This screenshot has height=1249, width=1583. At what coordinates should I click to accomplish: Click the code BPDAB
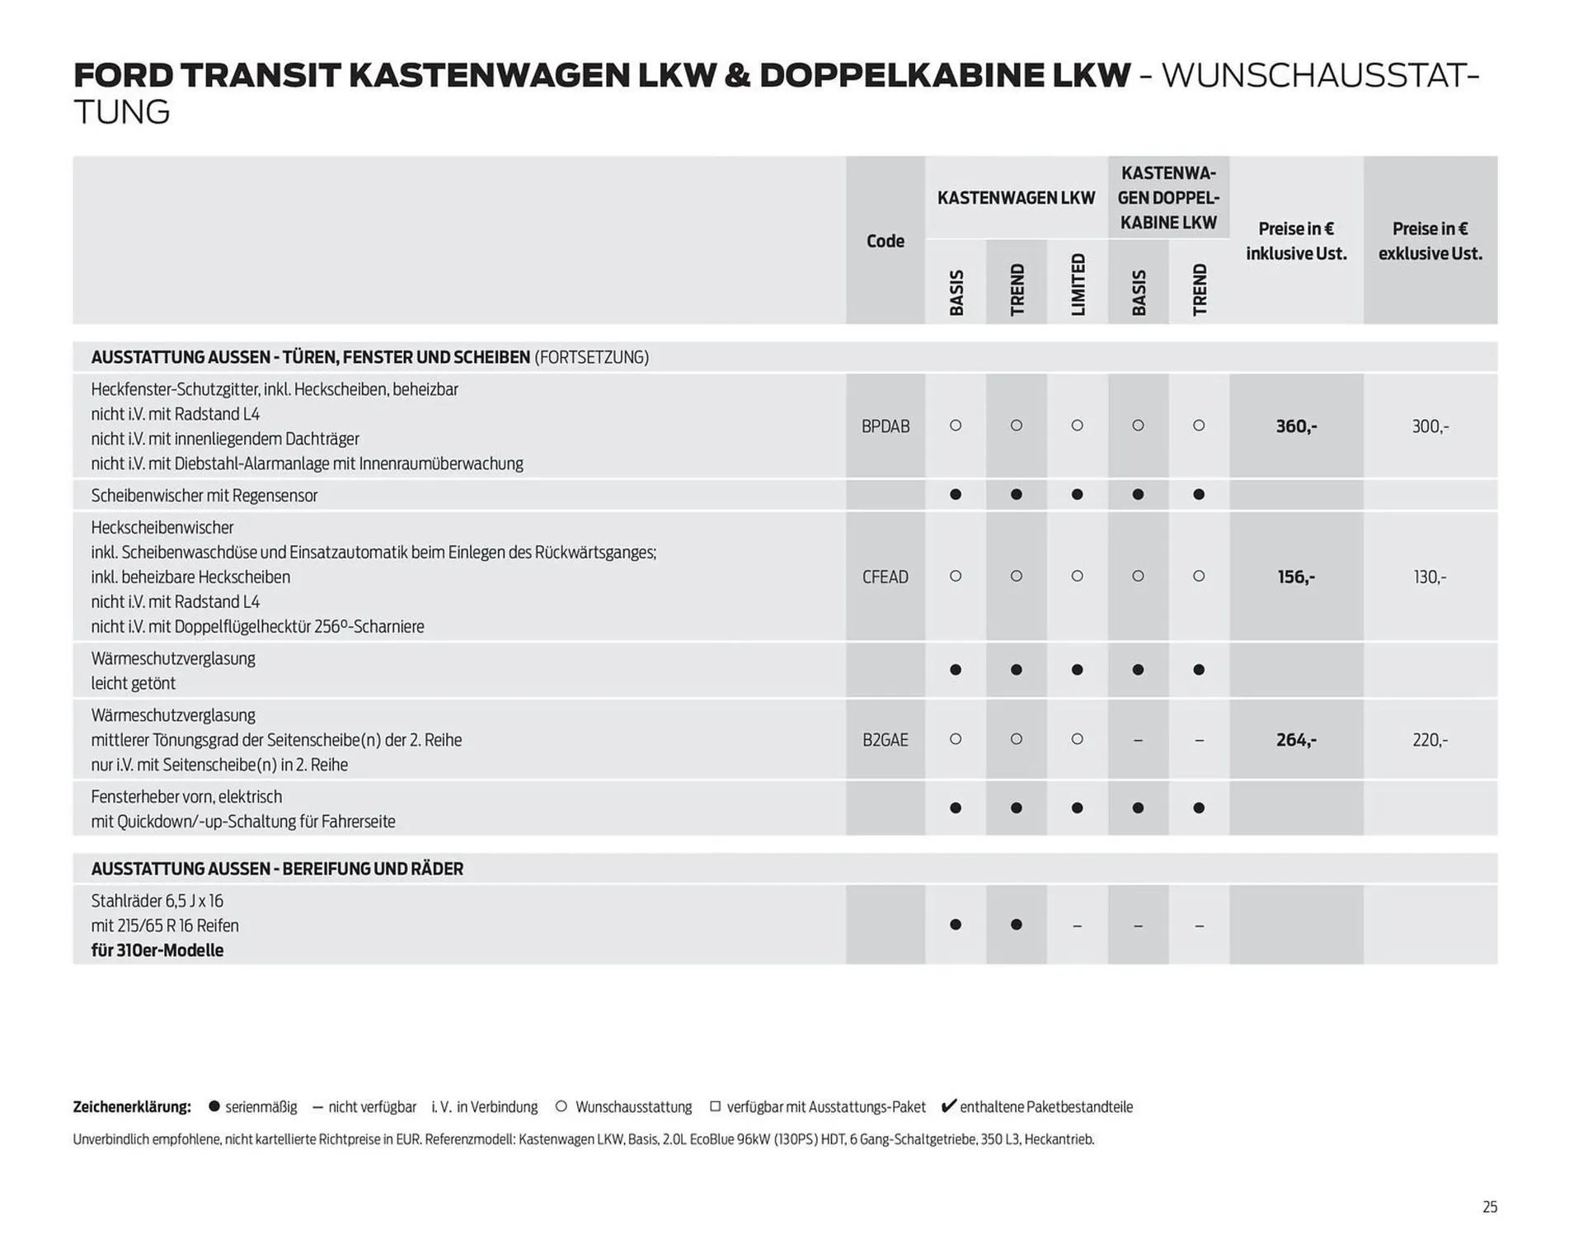click(885, 427)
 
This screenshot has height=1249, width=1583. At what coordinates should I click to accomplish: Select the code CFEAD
click(885, 577)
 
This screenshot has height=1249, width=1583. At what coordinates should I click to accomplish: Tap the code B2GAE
click(885, 740)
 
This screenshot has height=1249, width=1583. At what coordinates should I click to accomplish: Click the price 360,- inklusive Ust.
click(1296, 427)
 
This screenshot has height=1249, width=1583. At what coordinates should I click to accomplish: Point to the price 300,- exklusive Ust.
click(1430, 427)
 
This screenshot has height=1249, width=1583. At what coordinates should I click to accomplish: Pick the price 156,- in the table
click(1296, 577)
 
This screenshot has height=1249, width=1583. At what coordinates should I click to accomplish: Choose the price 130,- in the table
click(1430, 577)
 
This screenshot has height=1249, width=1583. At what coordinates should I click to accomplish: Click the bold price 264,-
click(1296, 740)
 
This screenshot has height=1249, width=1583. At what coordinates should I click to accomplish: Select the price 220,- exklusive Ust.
click(1430, 740)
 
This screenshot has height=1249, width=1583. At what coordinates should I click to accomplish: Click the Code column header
click(885, 241)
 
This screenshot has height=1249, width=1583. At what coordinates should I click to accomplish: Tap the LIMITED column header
click(1078, 285)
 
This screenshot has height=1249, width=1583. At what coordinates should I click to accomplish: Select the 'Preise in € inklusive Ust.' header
click(1296, 241)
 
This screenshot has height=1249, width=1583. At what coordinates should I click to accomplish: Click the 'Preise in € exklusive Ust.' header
click(1430, 241)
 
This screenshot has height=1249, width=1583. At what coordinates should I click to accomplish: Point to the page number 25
click(1489, 1207)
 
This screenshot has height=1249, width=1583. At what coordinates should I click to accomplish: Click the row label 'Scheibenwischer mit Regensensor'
click(204, 495)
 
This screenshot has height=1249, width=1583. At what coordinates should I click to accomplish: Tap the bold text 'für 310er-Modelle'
click(157, 950)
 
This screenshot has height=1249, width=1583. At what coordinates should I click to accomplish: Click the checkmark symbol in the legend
click(948, 1105)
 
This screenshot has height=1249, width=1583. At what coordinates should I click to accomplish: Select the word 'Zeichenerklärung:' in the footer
click(132, 1107)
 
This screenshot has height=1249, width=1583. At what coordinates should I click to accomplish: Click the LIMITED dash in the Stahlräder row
click(1077, 926)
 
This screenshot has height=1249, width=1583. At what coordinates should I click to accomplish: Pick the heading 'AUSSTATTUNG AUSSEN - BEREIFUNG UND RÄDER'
click(277, 869)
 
